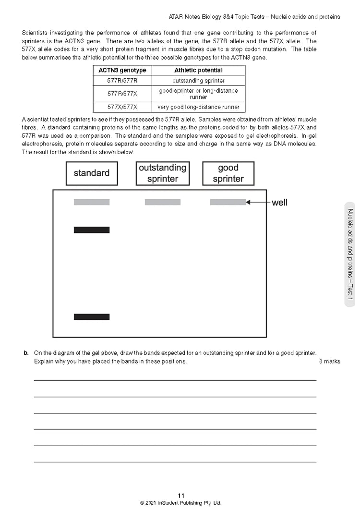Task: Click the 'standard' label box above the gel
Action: [92, 173]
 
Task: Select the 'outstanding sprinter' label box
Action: [162, 173]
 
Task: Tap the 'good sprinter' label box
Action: [228, 173]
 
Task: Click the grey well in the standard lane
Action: [92, 202]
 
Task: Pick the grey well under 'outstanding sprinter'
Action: [163, 202]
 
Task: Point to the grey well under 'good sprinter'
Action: [228, 202]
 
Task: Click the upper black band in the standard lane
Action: [92, 230]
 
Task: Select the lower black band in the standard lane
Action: [92, 317]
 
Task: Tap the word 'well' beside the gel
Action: [279, 203]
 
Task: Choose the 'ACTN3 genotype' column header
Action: [122, 70]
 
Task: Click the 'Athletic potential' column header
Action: [198, 70]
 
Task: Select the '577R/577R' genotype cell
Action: [122, 81]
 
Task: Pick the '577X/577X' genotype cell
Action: [122, 107]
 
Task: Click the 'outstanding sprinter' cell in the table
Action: [198, 81]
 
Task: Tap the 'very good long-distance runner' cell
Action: [198, 107]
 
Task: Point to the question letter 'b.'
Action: [26, 353]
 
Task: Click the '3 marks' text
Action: [329, 361]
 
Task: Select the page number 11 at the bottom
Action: [180, 496]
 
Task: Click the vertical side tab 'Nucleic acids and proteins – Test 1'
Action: [350, 254]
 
